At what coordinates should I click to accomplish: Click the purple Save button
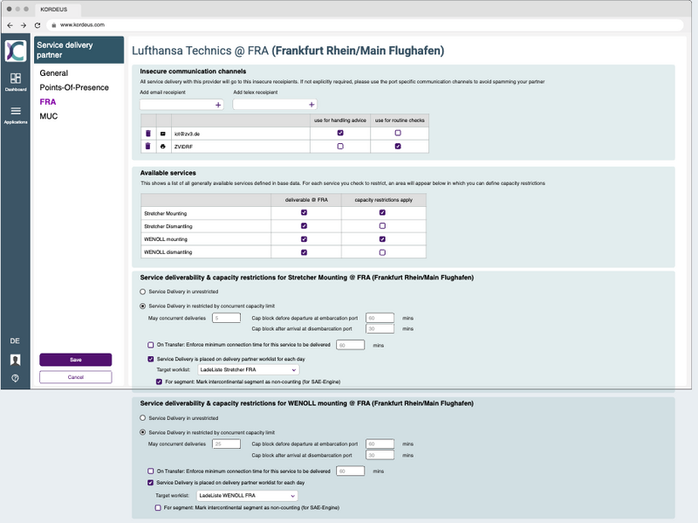[x=75, y=360]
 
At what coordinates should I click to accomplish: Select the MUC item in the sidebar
[x=49, y=115]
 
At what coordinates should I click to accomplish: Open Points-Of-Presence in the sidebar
[x=74, y=87]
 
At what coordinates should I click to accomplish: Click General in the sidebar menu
[x=53, y=73]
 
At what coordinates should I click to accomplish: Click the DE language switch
[x=15, y=340]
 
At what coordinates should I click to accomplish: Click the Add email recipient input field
[x=177, y=104]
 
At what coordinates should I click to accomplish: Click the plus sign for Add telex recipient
[x=311, y=104]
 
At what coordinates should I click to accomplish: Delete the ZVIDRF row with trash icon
[x=147, y=147]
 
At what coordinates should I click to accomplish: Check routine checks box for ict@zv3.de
[x=398, y=133]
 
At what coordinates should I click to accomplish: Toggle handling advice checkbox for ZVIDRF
[x=340, y=147]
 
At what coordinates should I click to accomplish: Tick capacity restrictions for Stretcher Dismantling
[x=382, y=225]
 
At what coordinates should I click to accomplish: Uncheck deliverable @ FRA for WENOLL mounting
[x=304, y=238]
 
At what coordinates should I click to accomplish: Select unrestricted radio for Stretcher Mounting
[x=144, y=291]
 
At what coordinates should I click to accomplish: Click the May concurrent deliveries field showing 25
[x=226, y=444]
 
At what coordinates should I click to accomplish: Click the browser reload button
[x=36, y=25]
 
